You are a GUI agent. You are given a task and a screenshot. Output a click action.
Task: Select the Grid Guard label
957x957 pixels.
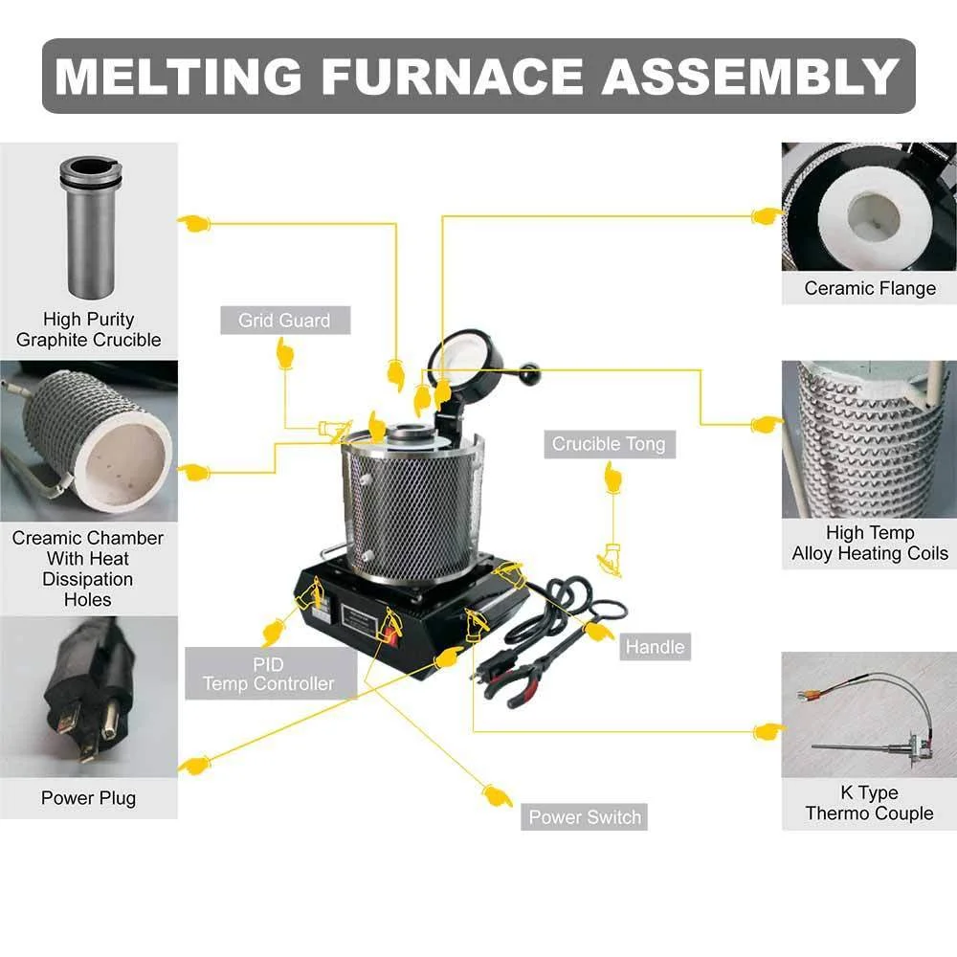tap(284, 321)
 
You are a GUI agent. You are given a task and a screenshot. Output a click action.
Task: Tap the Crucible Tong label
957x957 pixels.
tap(609, 444)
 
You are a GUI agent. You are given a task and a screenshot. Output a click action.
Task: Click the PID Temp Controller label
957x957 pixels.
tap(269, 674)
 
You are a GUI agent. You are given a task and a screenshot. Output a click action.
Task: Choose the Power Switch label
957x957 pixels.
tap(585, 817)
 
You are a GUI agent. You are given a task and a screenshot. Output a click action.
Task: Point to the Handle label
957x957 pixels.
tap(655, 647)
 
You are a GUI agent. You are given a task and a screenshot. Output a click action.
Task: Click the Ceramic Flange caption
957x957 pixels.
tap(869, 288)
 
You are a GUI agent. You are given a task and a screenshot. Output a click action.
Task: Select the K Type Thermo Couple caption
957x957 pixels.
tap(869, 803)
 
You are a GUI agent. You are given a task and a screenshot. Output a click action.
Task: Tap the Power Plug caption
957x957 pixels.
tap(88, 798)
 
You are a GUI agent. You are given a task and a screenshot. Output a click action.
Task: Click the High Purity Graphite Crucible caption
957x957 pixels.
tap(88, 329)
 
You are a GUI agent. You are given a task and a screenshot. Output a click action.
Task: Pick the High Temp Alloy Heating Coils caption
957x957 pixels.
tap(869, 544)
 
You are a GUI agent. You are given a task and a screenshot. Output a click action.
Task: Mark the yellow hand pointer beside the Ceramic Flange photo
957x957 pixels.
tap(766, 216)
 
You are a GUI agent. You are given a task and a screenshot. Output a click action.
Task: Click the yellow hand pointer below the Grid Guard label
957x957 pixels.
tap(284, 354)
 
